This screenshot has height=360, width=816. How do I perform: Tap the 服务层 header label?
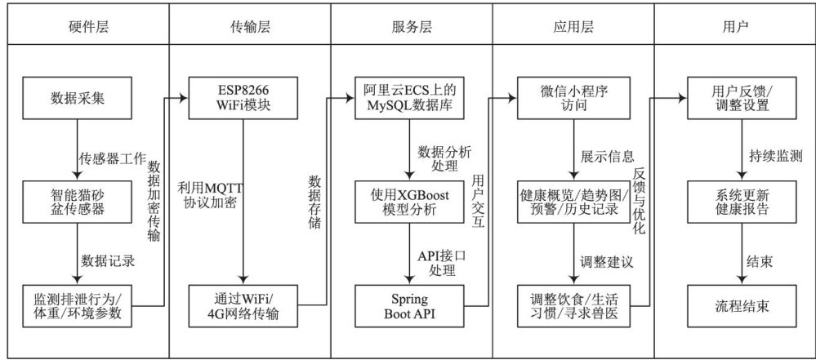click(x=410, y=26)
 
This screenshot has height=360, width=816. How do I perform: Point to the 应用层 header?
click(x=573, y=26)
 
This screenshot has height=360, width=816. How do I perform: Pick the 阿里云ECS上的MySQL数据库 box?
click(x=409, y=99)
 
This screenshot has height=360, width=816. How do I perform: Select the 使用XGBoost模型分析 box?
click(x=409, y=201)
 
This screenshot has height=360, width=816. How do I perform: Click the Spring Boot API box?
click(x=409, y=303)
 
